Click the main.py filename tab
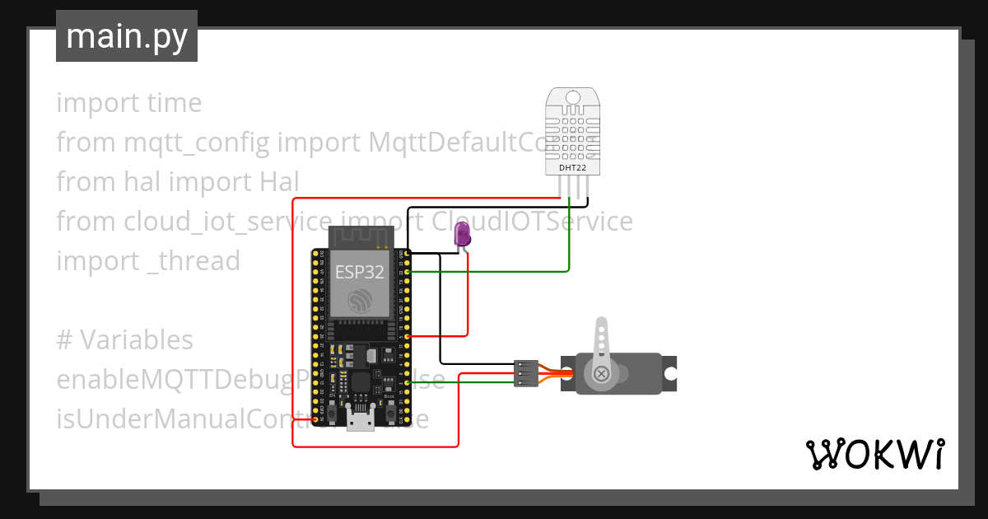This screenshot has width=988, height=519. pyautogui.click(x=126, y=36)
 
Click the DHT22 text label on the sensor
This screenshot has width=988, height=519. pyautogui.click(x=573, y=168)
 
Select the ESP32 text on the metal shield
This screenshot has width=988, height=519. pyautogui.click(x=359, y=273)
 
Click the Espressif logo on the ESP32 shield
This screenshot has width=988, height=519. pyautogui.click(x=359, y=301)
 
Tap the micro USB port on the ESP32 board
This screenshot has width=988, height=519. pyautogui.click(x=359, y=423)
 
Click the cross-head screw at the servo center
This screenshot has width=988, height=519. pyautogui.click(x=602, y=374)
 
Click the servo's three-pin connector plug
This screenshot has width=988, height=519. pyautogui.click(x=526, y=373)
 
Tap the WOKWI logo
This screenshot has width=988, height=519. pyautogui.click(x=874, y=454)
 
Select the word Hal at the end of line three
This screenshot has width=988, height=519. pyautogui.click(x=280, y=181)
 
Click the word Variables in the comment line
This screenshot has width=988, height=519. pyautogui.click(x=137, y=339)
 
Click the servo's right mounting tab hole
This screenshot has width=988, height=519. pyautogui.click(x=670, y=373)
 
